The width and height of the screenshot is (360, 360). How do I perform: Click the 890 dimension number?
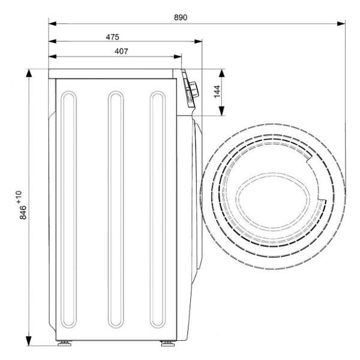point(181,17)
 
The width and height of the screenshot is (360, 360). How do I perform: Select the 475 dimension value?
point(113,37)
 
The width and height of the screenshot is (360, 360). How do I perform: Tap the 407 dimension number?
point(121,51)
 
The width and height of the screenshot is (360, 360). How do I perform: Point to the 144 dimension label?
point(217,92)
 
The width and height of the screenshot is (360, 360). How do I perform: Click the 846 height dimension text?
point(23,212)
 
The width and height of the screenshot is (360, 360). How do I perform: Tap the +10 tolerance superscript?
point(19,197)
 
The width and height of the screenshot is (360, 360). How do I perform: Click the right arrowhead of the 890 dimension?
point(341,23)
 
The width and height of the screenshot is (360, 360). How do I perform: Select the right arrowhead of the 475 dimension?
point(198,41)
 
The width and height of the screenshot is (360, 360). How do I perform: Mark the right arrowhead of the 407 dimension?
point(178,56)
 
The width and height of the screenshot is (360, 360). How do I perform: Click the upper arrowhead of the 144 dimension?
point(221,73)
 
